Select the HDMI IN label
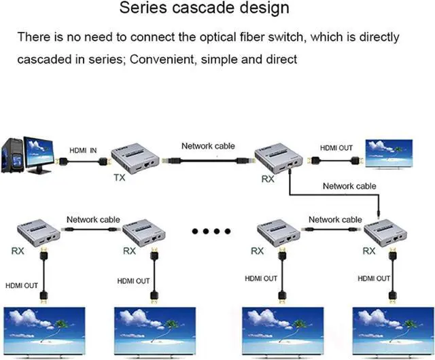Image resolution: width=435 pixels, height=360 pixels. tap(84, 151)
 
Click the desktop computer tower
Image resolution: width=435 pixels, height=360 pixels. tap(13, 156)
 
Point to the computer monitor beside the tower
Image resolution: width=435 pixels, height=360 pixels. tap(40, 153)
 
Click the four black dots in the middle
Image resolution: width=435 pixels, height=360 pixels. tap(211, 232)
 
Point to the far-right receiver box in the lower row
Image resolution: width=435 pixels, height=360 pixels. tap(385, 233)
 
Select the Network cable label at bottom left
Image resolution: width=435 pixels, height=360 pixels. tap(93, 219)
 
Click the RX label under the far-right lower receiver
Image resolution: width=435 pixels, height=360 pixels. tap(369, 251)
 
